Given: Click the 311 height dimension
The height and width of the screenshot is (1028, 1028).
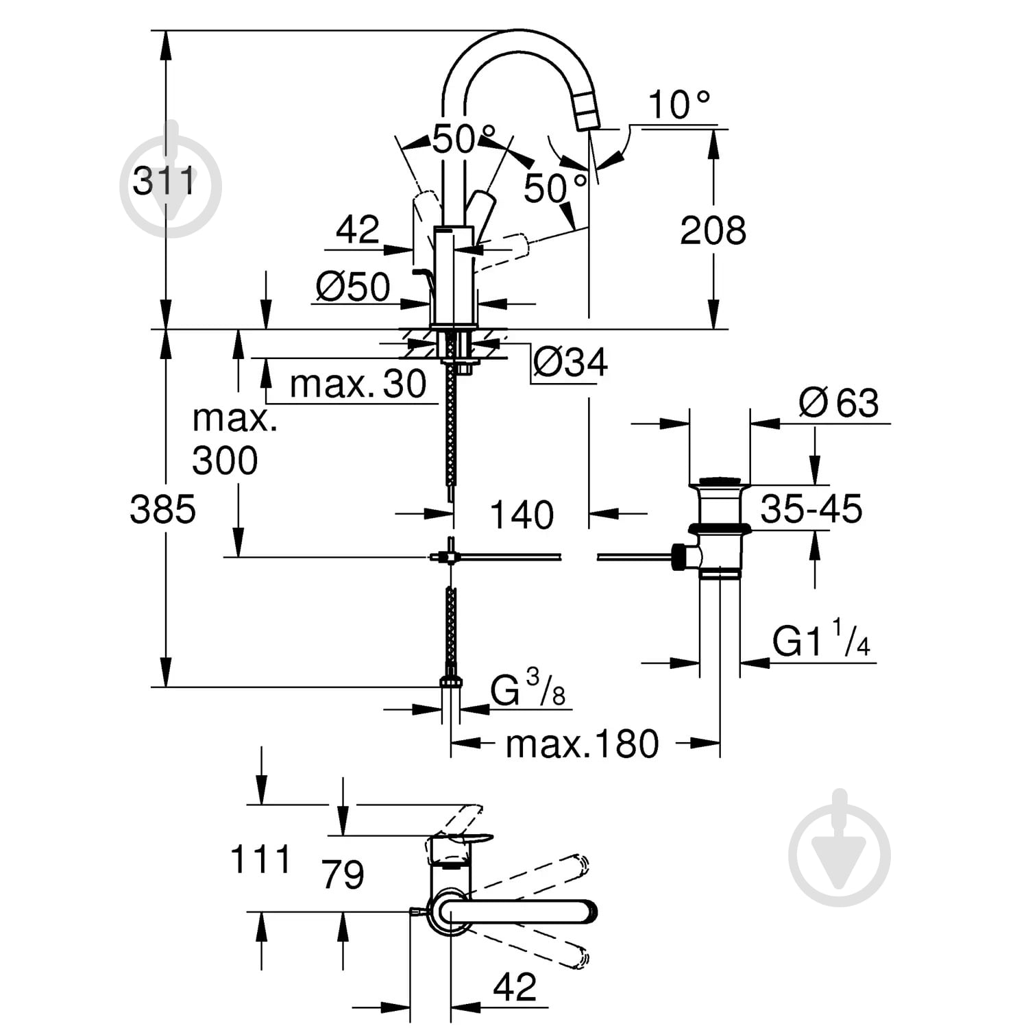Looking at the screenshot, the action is click(164, 182).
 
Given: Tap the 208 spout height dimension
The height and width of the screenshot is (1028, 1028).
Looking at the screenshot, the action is click(713, 230).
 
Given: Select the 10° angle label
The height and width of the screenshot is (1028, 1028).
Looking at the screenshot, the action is click(678, 105).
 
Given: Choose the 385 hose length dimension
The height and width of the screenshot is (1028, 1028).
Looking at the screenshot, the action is click(163, 509).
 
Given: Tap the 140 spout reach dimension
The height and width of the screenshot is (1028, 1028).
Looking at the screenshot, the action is click(522, 515).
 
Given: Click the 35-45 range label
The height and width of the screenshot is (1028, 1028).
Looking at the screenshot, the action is click(811, 509).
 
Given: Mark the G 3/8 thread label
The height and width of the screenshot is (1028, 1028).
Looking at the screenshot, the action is click(528, 688).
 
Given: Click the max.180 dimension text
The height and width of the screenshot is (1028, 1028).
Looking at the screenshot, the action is click(582, 744).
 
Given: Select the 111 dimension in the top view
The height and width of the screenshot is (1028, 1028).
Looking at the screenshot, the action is click(260, 859).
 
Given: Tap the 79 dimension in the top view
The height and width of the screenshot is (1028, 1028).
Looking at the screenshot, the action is click(343, 874).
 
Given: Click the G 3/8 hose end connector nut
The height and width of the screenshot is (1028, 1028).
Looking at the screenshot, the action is click(450, 681).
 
